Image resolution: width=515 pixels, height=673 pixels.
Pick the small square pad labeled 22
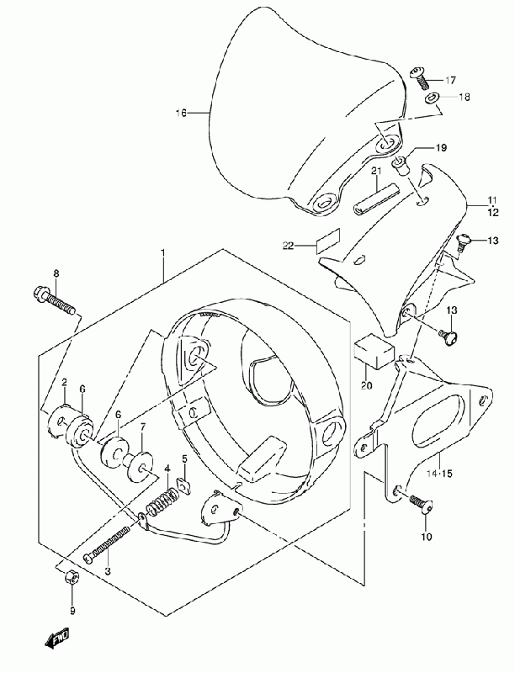point(328,244)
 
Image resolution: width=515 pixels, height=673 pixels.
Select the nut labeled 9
point(72,576)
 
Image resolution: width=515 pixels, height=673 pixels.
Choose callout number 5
point(185,458)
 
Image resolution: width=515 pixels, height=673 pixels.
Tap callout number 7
point(143,427)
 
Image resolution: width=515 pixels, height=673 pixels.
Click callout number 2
point(64,383)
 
